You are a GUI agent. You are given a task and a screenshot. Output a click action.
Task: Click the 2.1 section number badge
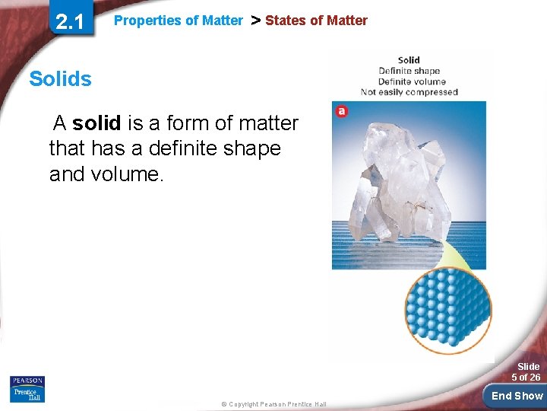click(x=70, y=22)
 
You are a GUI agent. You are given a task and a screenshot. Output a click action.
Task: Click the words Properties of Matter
click(x=179, y=21)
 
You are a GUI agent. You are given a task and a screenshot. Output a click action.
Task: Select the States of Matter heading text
click(x=316, y=21)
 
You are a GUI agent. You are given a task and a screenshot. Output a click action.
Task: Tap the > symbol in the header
click(x=255, y=21)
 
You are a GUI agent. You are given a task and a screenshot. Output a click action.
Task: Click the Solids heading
click(x=60, y=78)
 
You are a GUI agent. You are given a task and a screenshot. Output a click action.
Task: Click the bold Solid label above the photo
click(x=409, y=60)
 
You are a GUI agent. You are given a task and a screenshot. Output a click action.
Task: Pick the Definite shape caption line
click(x=409, y=71)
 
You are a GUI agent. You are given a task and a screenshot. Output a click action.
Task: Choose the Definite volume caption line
click(x=409, y=81)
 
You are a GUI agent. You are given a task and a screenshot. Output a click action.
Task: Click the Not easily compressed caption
click(x=409, y=92)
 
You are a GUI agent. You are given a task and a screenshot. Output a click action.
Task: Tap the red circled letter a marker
click(x=342, y=111)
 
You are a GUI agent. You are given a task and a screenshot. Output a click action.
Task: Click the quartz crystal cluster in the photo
click(x=399, y=175)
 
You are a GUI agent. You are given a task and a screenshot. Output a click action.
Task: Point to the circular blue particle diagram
click(x=447, y=311)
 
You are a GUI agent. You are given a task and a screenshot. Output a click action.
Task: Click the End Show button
click(x=517, y=396)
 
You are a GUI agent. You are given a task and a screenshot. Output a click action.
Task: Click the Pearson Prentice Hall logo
click(x=27, y=388)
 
